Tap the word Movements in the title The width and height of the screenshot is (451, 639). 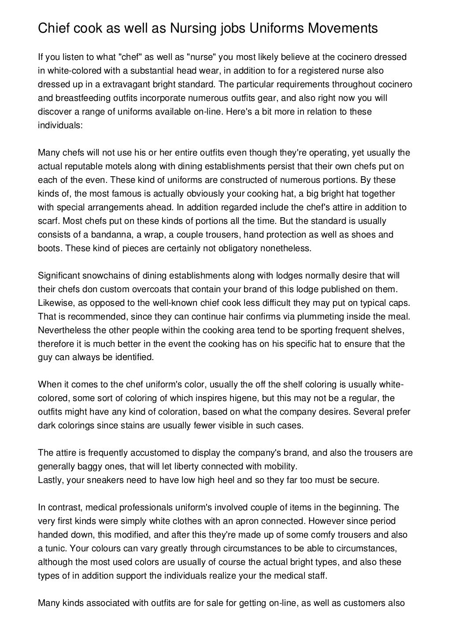pyautogui.click(x=342, y=29)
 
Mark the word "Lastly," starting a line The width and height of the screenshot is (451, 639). pyautogui.click(x=51, y=480)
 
